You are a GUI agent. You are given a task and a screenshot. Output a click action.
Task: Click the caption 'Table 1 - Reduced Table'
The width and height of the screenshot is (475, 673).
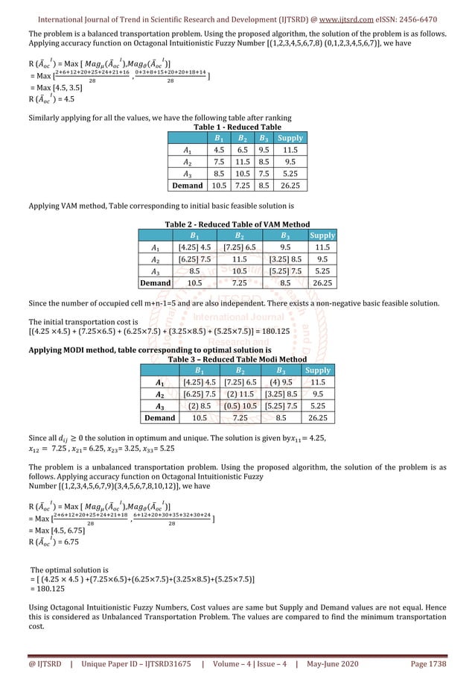coord(237,127)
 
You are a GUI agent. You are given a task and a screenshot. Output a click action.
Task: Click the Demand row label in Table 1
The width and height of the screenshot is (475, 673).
coord(187,186)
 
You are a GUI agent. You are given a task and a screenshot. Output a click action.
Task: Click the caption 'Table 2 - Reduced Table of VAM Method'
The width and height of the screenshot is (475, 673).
coord(236,224)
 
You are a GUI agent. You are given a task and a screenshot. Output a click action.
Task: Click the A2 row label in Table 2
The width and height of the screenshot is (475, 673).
coord(155,259)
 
